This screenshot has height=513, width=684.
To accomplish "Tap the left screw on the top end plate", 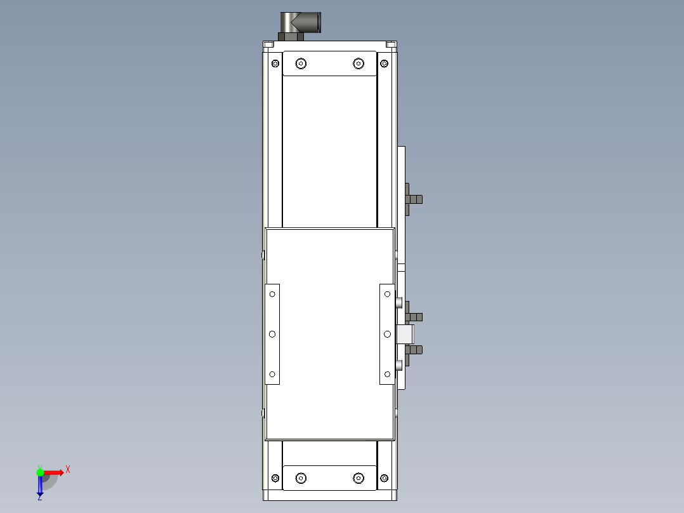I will pos(301,63).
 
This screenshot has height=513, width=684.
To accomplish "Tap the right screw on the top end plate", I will pos(358,63).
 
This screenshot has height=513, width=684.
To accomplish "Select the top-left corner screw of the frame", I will pos(275,63).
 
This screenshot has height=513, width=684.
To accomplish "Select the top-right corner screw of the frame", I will pos(385,63).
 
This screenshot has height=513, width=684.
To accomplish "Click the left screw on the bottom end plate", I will pos(301,477).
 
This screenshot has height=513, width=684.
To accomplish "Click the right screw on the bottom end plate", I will pos(358,477).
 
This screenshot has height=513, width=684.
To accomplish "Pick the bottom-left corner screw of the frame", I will pos(275,477).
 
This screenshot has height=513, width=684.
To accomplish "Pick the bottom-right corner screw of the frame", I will pos(385,477).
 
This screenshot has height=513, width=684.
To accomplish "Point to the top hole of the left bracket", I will pos(272,294).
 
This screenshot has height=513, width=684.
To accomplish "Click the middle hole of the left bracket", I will pos(272,334).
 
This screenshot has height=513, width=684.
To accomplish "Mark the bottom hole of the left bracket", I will pos(272,375).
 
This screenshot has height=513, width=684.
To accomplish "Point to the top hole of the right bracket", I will pos(387,294).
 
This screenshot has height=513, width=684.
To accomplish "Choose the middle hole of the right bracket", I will pos(387,334).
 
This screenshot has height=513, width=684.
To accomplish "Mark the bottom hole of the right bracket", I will pos(387,375).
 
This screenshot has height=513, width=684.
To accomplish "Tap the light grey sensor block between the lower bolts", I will pos(404,333).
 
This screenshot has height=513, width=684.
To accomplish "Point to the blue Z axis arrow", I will pos(40,486).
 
